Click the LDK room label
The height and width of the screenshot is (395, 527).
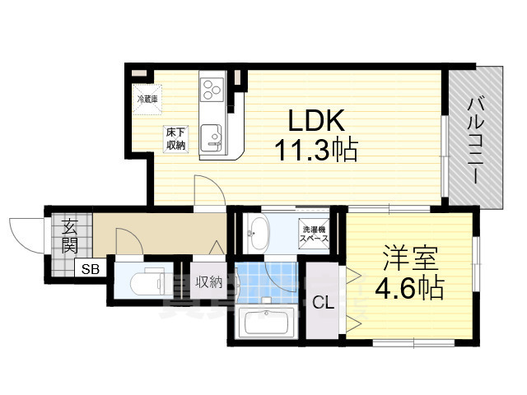[315, 122]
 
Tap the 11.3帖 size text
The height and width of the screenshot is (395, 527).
[315, 151]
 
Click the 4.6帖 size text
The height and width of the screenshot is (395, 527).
[410, 287]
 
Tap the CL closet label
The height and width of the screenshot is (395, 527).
[323, 302]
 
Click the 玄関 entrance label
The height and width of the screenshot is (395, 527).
[68, 235]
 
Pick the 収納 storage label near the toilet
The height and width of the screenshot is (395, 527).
[208, 282]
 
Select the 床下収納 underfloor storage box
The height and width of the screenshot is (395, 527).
[175, 138]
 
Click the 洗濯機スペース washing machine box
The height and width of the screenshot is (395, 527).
[315, 233]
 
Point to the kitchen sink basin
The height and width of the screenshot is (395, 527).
[213, 134]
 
